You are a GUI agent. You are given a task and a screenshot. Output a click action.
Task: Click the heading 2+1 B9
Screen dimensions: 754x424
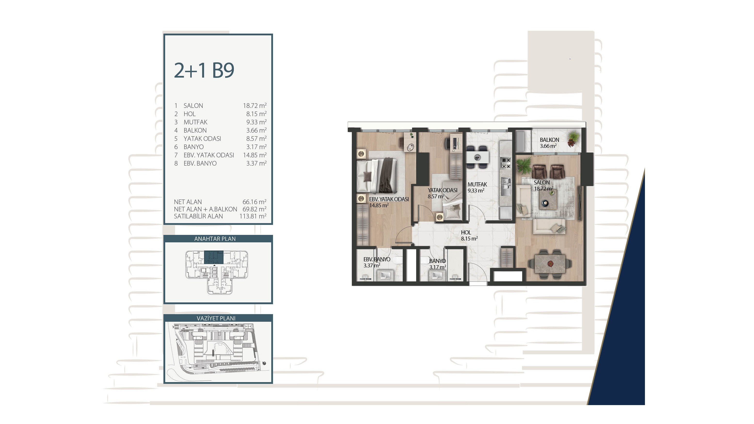[x=204, y=70]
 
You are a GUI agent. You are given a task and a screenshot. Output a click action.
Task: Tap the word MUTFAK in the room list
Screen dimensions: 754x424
[x=195, y=122]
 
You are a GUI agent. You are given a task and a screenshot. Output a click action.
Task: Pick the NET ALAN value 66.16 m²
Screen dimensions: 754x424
[x=254, y=202]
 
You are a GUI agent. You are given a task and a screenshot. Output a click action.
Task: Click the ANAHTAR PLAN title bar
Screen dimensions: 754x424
[x=218, y=239]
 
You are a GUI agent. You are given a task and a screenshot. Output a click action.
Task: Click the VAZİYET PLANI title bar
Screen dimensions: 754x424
[x=218, y=318]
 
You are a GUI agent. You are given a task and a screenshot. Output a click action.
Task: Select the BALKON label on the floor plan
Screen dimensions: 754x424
[x=549, y=140]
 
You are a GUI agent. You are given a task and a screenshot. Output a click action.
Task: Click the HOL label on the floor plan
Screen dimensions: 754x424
[x=466, y=232]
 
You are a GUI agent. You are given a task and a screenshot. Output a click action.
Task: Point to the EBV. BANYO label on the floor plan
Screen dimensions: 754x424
[x=377, y=259]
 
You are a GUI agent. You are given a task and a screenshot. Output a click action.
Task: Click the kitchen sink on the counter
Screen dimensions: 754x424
[x=506, y=186]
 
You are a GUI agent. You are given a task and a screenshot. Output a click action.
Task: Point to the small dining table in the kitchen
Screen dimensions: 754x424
[x=477, y=157]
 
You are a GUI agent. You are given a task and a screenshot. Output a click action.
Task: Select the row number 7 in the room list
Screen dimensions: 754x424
[x=176, y=155]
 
